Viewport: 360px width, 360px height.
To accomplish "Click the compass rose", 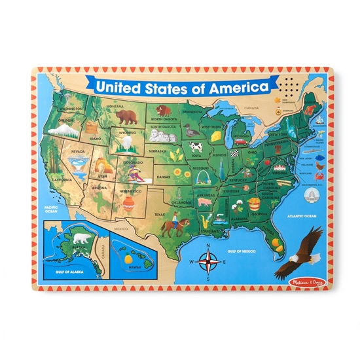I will (x=209, y=261).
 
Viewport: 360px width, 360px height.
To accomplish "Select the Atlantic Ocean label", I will (x=302, y=217).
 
